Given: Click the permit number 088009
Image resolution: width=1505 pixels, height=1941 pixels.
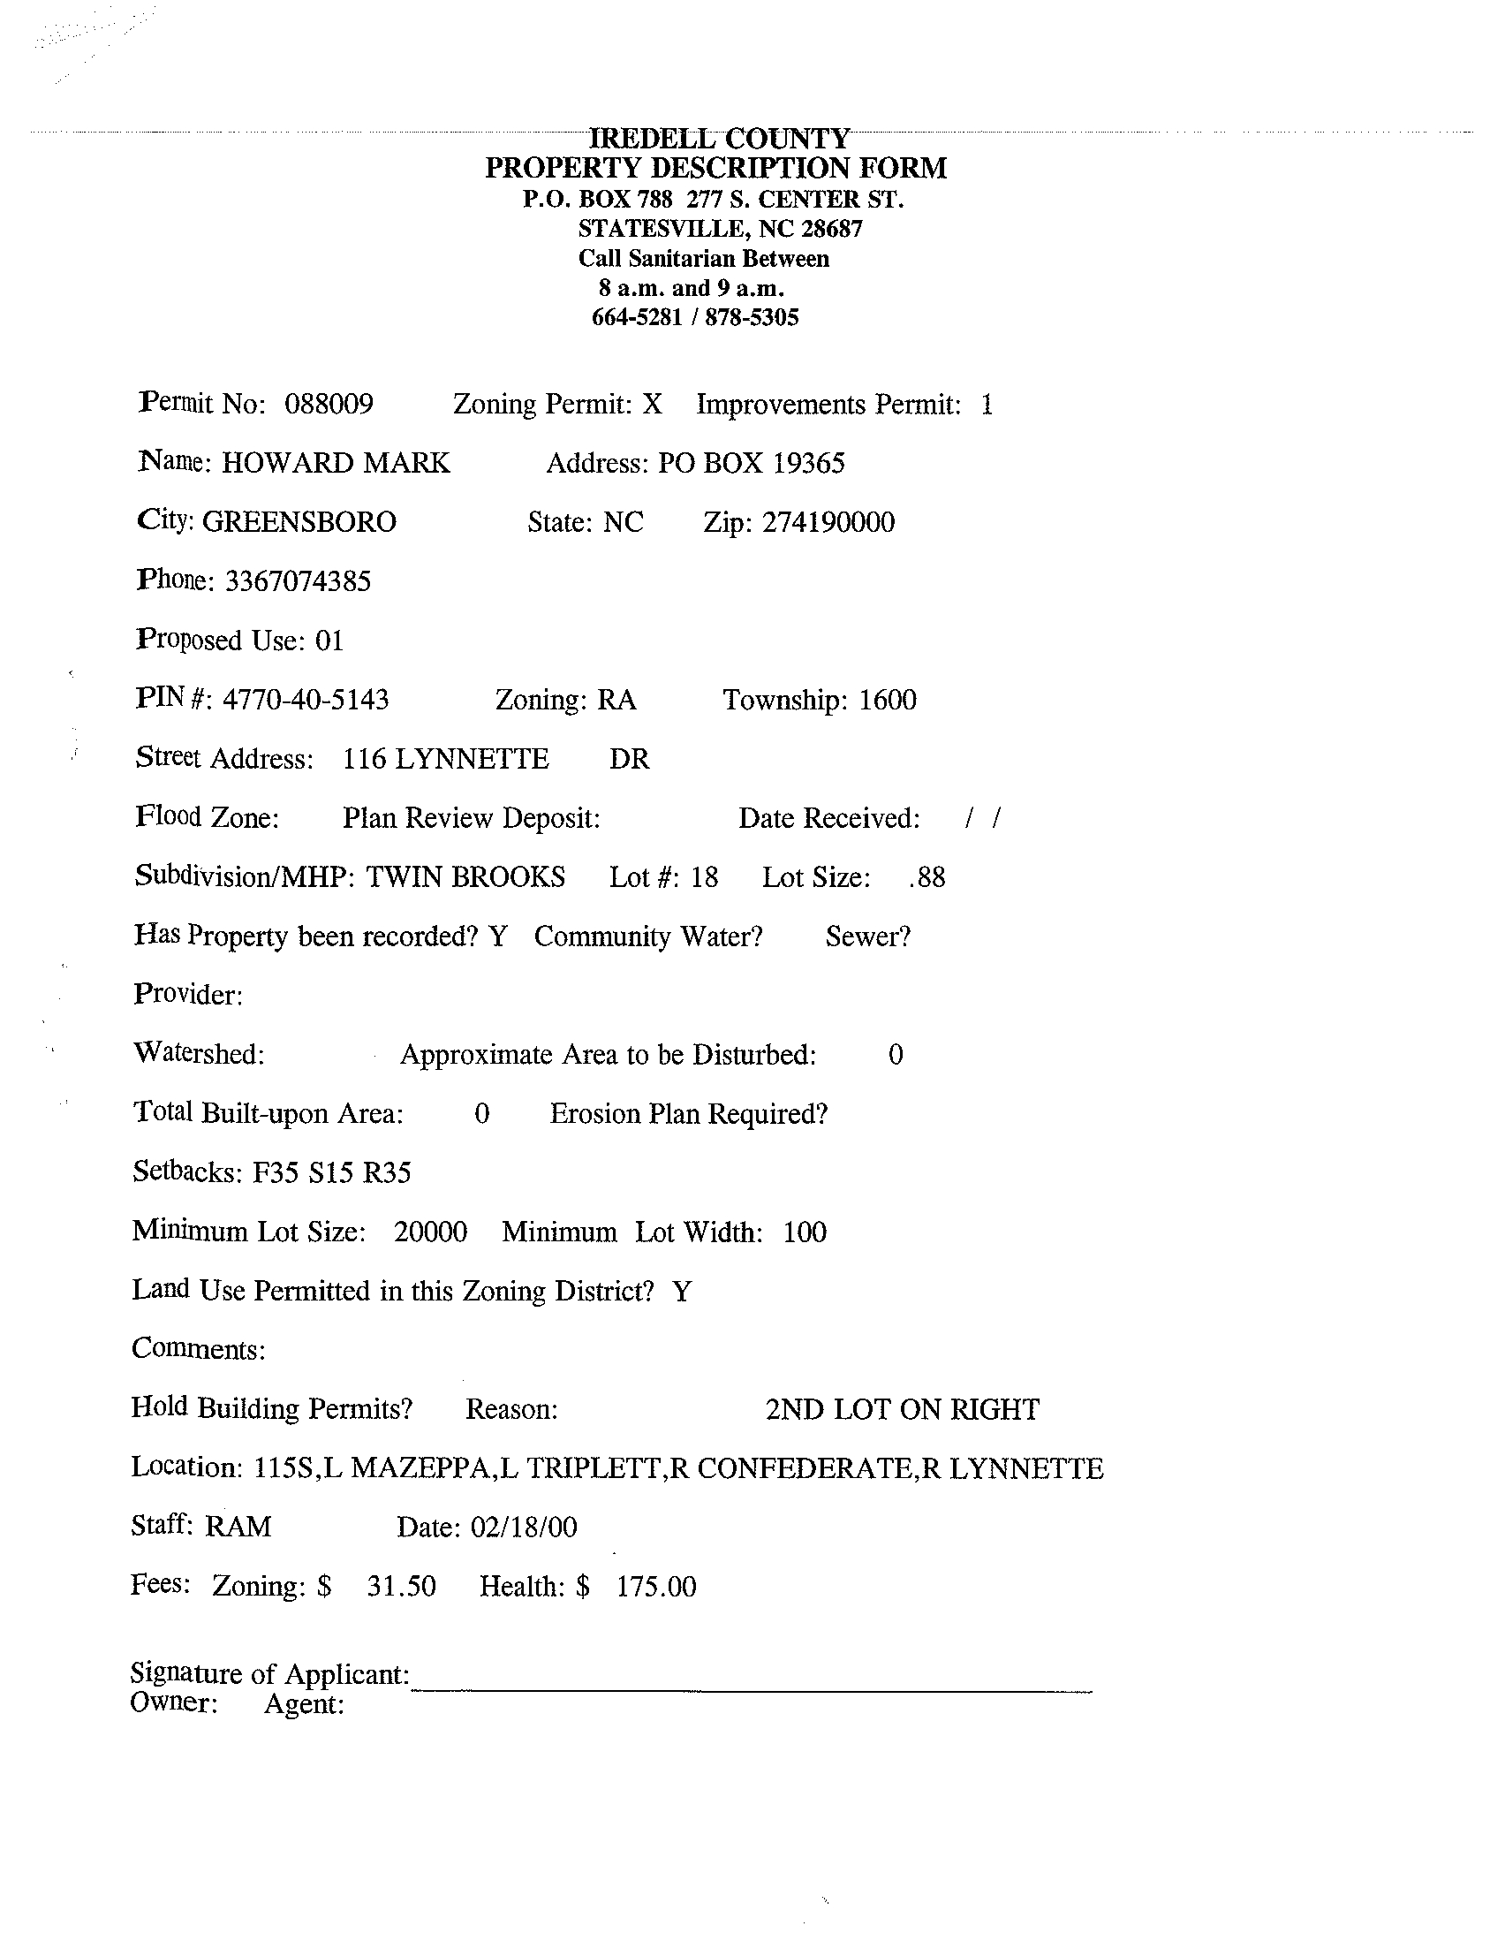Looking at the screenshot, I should (329, 405).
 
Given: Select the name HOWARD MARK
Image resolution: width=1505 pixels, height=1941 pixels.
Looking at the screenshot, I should (335, 463).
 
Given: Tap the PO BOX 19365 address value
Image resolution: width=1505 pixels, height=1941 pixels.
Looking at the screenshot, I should (751, 463).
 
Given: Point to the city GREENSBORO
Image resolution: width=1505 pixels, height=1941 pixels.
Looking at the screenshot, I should (299, 521).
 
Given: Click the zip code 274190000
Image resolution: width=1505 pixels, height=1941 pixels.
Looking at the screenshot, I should (828, 521).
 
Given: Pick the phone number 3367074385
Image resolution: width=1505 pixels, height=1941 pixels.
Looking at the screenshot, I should (298, 581).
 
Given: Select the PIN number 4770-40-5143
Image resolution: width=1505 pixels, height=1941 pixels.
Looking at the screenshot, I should (305, 701).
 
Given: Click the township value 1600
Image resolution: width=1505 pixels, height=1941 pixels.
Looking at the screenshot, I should (888, 701).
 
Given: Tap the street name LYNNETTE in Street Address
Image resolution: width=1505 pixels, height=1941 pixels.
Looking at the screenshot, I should (472, 759).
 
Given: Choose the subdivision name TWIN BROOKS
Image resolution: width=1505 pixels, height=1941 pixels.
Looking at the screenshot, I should (465, 877).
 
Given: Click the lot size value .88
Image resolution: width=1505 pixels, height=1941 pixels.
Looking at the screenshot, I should (927, 878).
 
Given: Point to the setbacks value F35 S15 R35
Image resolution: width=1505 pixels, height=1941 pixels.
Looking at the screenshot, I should (331, 1173).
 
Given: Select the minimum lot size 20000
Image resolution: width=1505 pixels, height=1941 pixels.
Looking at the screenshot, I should (430, 1232).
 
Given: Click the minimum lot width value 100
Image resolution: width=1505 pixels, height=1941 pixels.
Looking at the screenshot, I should (805, 1232).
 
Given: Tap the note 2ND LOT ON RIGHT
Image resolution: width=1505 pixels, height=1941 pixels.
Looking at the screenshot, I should (902, 1409).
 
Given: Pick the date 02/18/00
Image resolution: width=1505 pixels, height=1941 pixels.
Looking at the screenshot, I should (523, 1528).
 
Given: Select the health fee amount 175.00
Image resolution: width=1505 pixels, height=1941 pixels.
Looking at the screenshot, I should (656, 1587).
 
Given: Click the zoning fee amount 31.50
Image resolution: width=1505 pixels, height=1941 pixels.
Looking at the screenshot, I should (402, 1587).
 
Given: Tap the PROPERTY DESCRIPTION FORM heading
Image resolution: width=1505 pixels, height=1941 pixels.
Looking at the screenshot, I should (715, 168).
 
